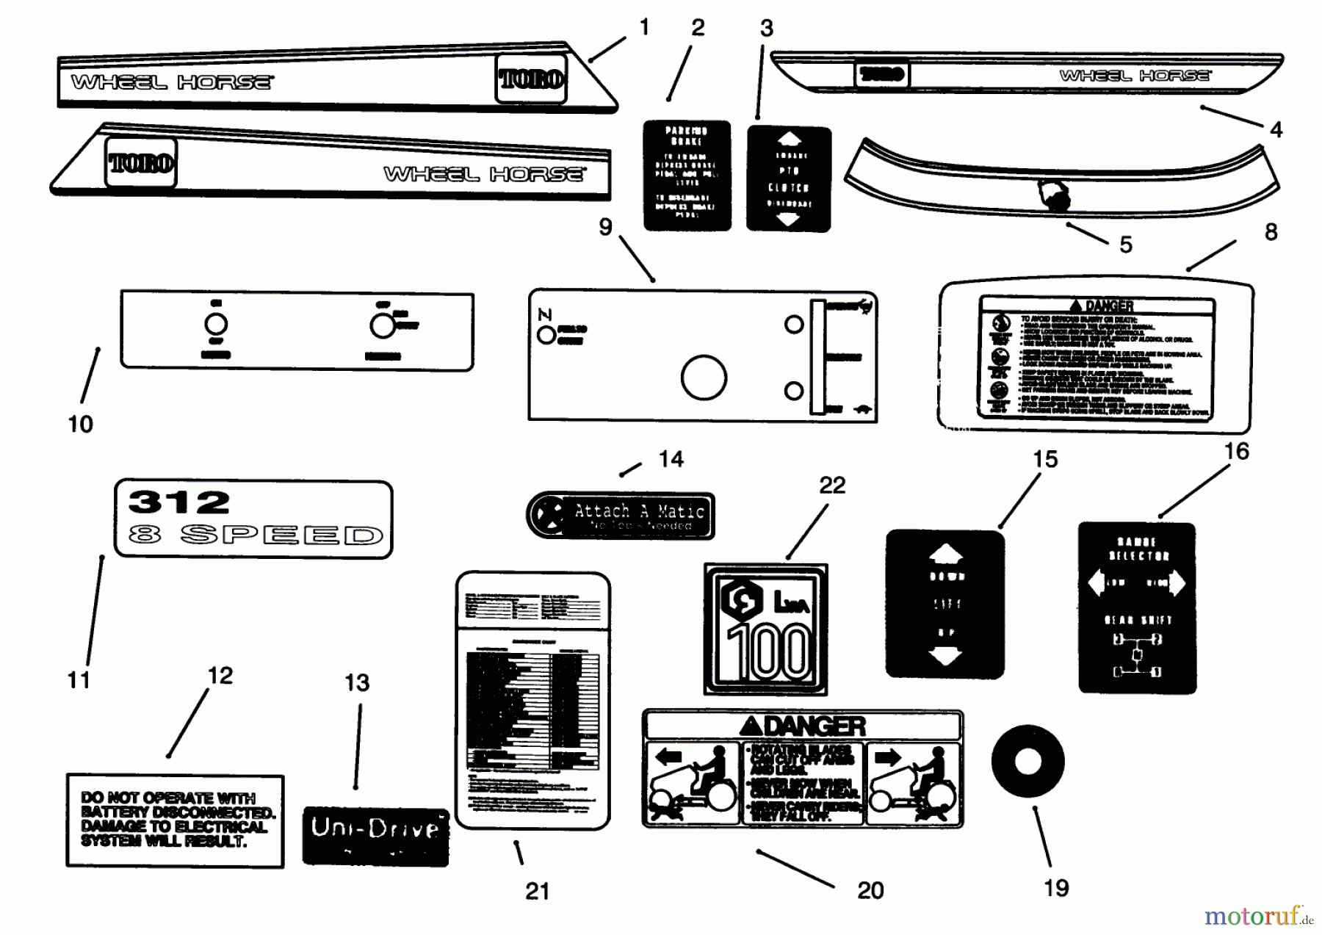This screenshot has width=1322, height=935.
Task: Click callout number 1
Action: click(644, 27)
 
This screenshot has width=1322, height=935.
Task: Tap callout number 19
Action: click(1055, 888)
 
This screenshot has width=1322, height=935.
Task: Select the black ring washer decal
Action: click(1027, 762)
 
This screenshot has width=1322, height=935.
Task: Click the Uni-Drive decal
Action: click(375, 836)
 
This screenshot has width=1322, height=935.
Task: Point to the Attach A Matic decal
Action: click(621, 516)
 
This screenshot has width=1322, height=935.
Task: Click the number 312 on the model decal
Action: click(179, 502)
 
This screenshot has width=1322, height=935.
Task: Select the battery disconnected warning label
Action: click(175, 820)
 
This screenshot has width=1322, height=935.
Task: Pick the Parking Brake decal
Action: click(687, 176)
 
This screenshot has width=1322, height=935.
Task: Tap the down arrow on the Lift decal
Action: click(945, 656)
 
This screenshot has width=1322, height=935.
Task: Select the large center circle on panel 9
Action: click(704, 378)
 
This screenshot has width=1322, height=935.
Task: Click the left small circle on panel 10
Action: click(215, 324)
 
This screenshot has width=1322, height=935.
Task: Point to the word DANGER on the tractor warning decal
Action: click(814, 726)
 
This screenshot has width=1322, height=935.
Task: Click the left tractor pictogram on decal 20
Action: click(691, 784)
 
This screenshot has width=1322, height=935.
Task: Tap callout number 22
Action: click(832, 485)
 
